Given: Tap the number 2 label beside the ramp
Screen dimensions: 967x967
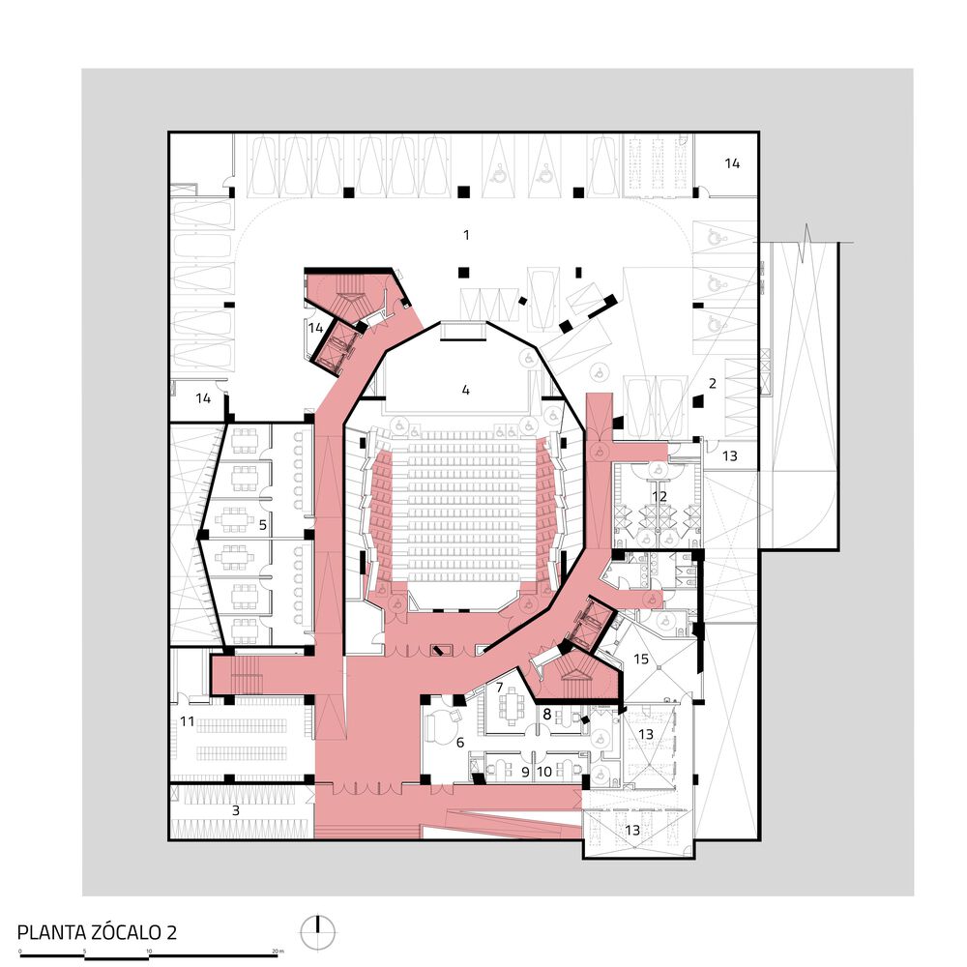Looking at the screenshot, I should pos(713,384).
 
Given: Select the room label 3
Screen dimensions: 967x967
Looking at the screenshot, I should pos(235,810).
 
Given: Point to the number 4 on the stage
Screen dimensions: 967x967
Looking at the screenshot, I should pos(465,391).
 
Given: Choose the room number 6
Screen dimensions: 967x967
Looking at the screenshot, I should pos(461,742).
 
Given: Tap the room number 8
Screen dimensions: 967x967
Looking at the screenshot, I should pos(546,715).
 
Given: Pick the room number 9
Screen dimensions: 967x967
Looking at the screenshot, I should pos(525,772).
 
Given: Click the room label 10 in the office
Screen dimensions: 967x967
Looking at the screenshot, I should pos(544,772).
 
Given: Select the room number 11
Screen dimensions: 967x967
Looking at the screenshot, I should pos(188,721).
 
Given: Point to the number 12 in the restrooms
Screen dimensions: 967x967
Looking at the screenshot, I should pos(659,496).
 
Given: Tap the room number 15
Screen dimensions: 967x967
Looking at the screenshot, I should pos(640,659).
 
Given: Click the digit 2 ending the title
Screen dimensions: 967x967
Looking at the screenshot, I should pos(171,933).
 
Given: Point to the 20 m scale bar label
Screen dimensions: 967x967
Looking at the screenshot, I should pos(278,952).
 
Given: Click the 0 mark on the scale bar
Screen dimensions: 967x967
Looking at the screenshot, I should pos(20,952).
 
